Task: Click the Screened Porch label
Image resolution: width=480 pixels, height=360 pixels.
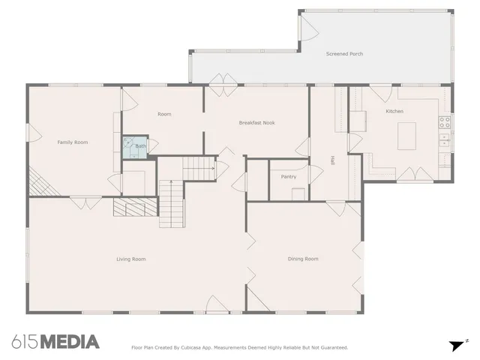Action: (344, 54)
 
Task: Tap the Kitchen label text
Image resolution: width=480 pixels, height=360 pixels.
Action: (394, 111)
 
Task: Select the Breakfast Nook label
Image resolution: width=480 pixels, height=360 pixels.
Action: (256, 122)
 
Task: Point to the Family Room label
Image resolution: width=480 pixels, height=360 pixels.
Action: (73, 142)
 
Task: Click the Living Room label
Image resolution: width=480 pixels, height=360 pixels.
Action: (130, 259)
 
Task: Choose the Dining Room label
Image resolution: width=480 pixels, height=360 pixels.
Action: (303, 259)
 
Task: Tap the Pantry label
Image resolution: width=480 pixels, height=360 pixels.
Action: (288, 177)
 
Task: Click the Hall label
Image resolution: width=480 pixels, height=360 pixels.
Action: (332, 160)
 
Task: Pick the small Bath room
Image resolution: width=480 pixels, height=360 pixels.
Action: (136, 146)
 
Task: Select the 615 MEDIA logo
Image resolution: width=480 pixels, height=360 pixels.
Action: (55, 341)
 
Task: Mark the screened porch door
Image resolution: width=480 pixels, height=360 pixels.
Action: (307, 28)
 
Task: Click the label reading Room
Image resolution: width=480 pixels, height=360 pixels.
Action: (164, 114)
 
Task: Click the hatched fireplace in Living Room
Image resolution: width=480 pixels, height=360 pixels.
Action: (135, 207)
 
